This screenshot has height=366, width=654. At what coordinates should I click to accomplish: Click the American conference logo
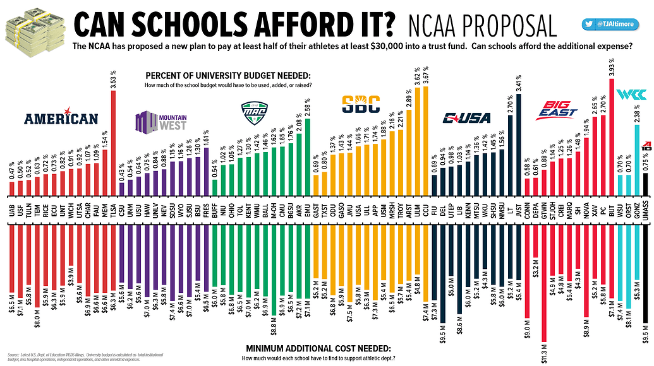(61, 119)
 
